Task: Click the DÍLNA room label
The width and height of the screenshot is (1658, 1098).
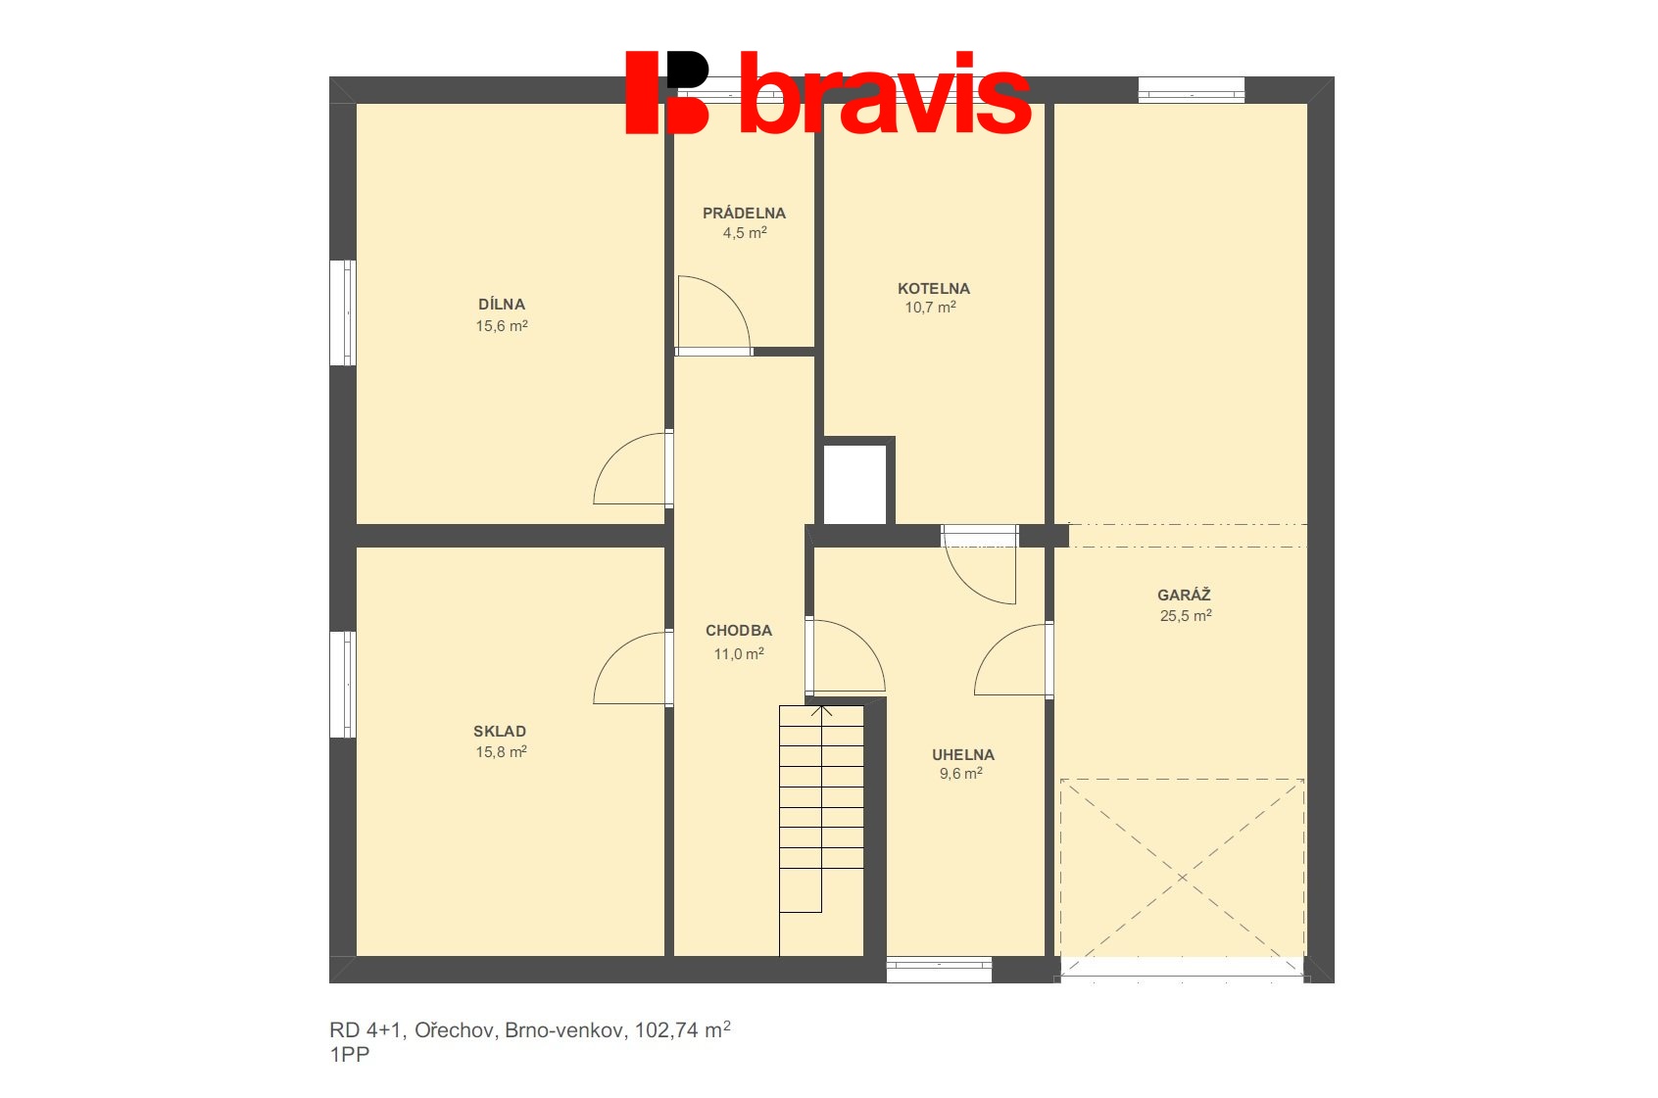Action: click(x=501, y=304)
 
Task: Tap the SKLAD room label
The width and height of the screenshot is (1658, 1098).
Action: click(x=500, y=731)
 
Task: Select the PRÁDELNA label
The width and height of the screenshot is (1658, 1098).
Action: click(x=744, y=214)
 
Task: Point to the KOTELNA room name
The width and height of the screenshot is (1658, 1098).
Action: click(x=934, y=289)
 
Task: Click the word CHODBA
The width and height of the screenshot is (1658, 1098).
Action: click(x=739, y=631)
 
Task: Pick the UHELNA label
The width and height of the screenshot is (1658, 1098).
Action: click(x=963, y=754)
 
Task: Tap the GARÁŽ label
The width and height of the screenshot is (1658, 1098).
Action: click(x=1185, y=595)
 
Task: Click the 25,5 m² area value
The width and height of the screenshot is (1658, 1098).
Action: click(x=1186, y=615)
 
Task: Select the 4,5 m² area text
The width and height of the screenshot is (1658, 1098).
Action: click(x=745, y=233)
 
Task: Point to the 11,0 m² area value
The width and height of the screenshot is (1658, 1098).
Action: click(x=739, y=654)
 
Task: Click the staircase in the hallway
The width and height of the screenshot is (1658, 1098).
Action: click(x=821, y=831)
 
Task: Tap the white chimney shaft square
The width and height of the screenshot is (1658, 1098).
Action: click(x=854, y=485)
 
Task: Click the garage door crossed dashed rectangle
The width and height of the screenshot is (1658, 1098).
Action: click(x=1182, y=878)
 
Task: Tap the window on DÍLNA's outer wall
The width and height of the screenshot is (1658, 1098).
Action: click(x=343, y=313)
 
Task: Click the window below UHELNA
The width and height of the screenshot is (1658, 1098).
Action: click(x=940, y=970)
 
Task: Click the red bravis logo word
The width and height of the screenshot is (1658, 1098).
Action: click(x=885, y=92)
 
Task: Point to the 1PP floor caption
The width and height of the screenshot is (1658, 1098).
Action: click(x=350, y=1054)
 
